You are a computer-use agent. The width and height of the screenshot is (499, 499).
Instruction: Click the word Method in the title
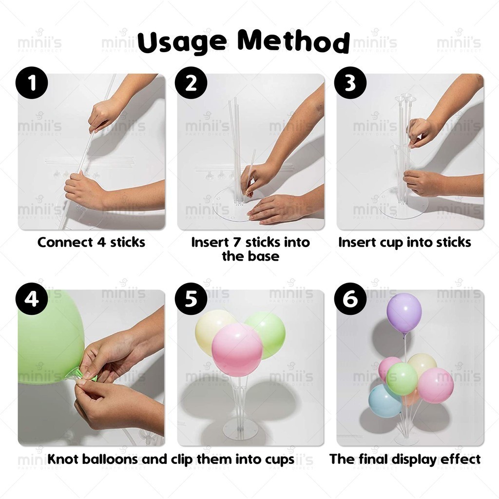click(294, 41)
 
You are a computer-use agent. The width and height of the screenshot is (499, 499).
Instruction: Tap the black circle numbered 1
click(32, 83)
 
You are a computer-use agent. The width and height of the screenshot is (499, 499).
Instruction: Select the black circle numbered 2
click(191, 83)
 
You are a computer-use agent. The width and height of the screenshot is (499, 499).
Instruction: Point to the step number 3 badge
click(350, 83)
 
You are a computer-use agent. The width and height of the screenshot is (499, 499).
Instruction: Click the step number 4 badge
click(32, 299)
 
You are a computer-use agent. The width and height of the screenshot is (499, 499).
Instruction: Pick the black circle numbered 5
click(191, 299)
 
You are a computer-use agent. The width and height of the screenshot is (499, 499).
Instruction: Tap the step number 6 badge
click(350, 299)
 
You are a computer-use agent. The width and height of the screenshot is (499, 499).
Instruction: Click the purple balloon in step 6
click(404, 313)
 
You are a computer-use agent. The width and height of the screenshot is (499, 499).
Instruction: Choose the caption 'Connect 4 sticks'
click(91, 242)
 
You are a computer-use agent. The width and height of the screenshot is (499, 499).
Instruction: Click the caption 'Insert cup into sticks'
click(404, 242)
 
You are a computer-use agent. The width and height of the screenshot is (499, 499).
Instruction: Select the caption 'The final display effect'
click(405, 459)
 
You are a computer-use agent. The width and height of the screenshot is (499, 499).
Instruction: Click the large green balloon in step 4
click(49, 337)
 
